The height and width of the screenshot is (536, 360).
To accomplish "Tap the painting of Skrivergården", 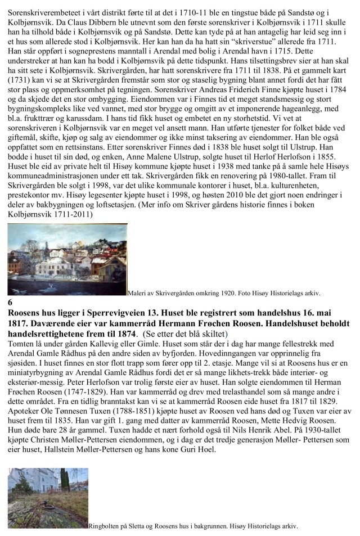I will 67,259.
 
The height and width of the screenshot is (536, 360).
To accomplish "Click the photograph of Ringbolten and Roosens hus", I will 48,498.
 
